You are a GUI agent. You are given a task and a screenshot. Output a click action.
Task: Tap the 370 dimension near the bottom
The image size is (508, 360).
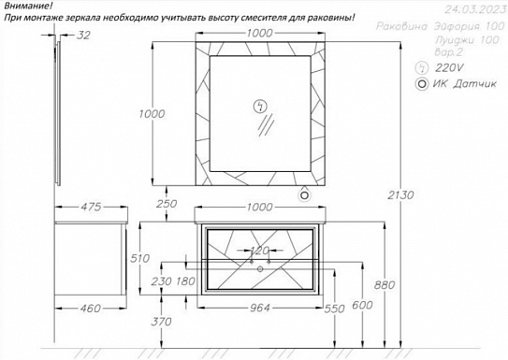(x=161, y=321)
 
